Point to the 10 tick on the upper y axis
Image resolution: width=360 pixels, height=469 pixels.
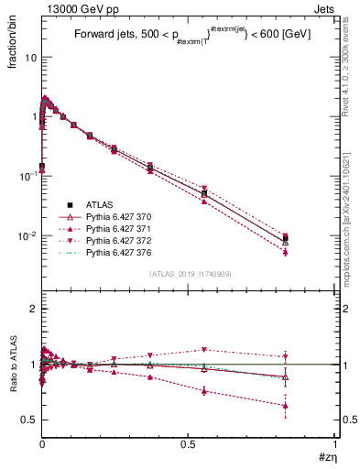pos(29,57)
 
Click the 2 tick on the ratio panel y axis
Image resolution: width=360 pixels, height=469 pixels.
pos(33,309)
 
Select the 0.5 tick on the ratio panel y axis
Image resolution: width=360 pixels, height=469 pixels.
pos(29,420)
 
